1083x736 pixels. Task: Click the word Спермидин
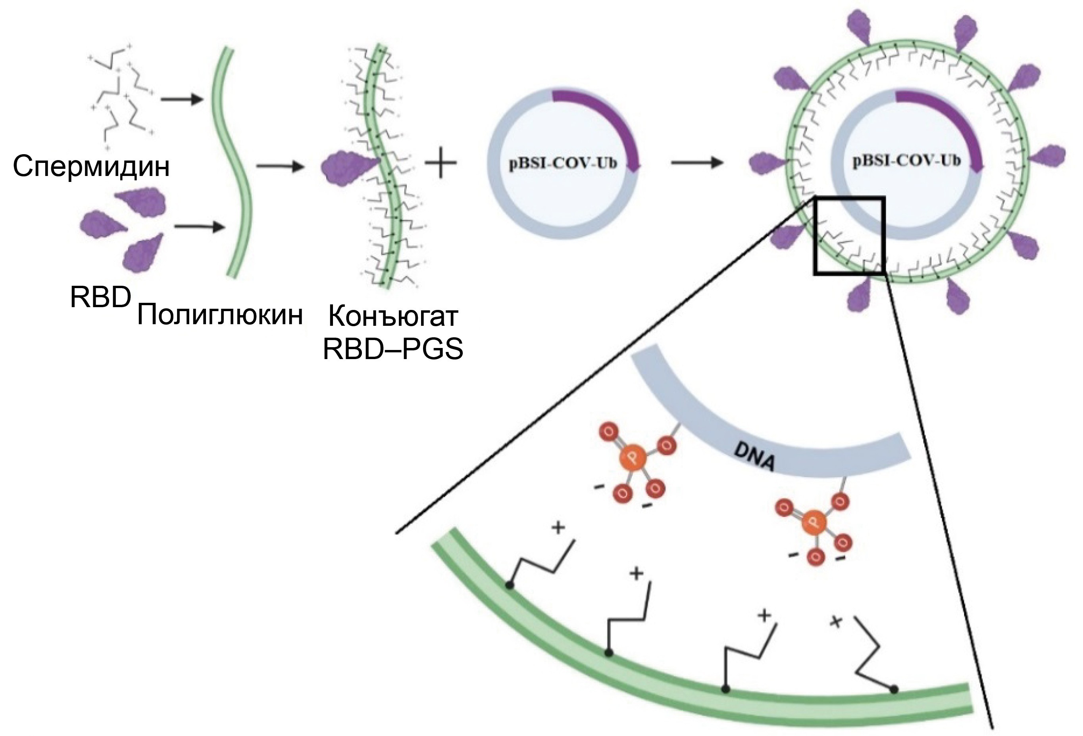(91, 166)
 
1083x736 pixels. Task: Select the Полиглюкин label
(219, 315)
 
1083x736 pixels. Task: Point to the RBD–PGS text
(393, 350)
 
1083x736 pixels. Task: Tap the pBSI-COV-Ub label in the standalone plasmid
(562, 164)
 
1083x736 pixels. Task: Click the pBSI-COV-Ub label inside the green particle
(906, 162)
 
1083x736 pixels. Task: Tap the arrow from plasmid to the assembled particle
(697, 162)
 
